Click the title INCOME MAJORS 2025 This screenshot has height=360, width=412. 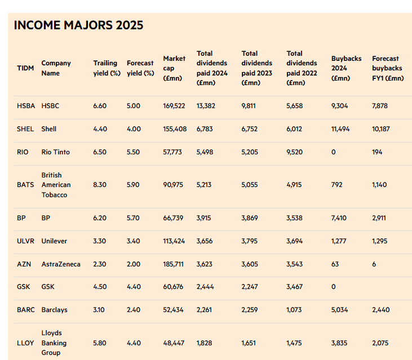click(78, 25)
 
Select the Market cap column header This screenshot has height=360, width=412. click(174, 68)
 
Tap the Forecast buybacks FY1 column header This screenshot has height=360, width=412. click(388, 68)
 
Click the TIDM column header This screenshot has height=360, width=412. click(25, 68)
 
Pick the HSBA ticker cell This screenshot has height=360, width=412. click(26, 106)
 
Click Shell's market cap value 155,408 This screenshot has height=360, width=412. click(175, 129)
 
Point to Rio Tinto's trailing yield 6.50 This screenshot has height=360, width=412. click(100, 152)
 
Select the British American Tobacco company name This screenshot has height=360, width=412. click(56, 185)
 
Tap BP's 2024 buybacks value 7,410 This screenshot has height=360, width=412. click(339, 218)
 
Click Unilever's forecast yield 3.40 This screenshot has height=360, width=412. click(134, 241)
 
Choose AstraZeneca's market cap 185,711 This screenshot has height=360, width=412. click(174, 264)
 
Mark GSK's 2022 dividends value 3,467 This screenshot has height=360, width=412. click(295, 287)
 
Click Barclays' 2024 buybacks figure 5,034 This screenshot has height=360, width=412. click(340, 310)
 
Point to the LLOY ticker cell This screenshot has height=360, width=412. click(25, 343)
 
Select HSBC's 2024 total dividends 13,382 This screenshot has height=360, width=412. click(206, 106)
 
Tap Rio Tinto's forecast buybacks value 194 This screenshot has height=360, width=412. click(377, 152)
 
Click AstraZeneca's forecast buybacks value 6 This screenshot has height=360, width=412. click(374, 264)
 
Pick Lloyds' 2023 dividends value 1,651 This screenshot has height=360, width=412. click(249, 343)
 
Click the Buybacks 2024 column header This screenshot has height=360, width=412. click(347, 68)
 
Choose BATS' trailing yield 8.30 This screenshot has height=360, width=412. click(100, 185)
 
